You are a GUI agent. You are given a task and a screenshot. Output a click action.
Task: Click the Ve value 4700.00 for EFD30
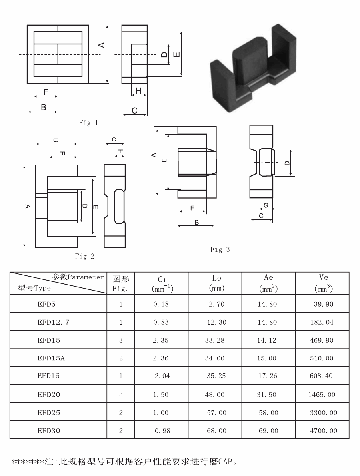pos(324,431)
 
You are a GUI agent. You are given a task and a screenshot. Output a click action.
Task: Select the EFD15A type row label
pos(51,358)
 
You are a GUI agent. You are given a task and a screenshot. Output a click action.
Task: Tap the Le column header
pos(217,283)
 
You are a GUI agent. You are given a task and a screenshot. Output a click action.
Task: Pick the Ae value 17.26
pos(268,376)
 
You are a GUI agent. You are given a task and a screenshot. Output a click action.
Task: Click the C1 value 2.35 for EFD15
pos(161,340)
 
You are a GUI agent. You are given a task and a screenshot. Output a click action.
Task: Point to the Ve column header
pos(324,283)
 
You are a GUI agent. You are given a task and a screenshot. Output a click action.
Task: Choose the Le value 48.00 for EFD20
pos(215,394)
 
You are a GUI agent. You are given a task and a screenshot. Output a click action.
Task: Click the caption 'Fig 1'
pos(88,123)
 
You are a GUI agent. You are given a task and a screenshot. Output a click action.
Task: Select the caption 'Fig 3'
pos(220,249)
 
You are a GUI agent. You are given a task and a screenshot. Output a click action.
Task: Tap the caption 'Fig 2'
pos(85,256)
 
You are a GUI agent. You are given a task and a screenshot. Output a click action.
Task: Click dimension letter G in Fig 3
pos(266,205)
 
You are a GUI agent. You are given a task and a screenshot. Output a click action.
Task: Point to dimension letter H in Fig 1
pos(138,90)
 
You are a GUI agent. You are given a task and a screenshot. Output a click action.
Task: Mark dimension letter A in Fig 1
pos(102,45)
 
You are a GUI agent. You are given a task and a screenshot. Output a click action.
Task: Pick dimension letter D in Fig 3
pos(287,163)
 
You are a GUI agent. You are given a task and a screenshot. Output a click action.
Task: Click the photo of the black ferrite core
pos(253,68)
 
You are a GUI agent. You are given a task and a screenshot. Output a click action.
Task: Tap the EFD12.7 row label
pos(53,322)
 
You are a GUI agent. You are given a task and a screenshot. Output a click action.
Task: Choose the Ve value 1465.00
pos(322,394)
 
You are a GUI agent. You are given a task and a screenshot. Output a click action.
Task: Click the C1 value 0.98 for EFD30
pos(162,431)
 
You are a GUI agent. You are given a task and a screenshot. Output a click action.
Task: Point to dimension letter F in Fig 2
pos(63,153)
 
